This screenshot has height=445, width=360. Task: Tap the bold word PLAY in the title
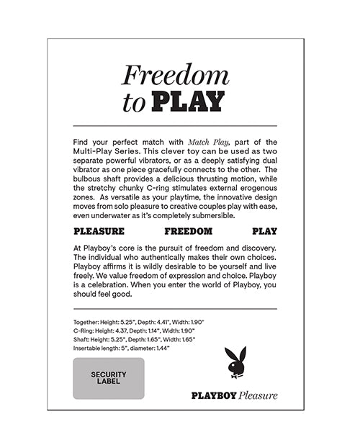[x=188, y=102]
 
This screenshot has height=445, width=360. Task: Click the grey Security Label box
[x=109, y=378]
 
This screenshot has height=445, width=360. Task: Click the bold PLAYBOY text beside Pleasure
[x=214, y=395]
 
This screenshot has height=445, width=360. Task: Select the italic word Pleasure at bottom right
[x=258, y=395]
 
